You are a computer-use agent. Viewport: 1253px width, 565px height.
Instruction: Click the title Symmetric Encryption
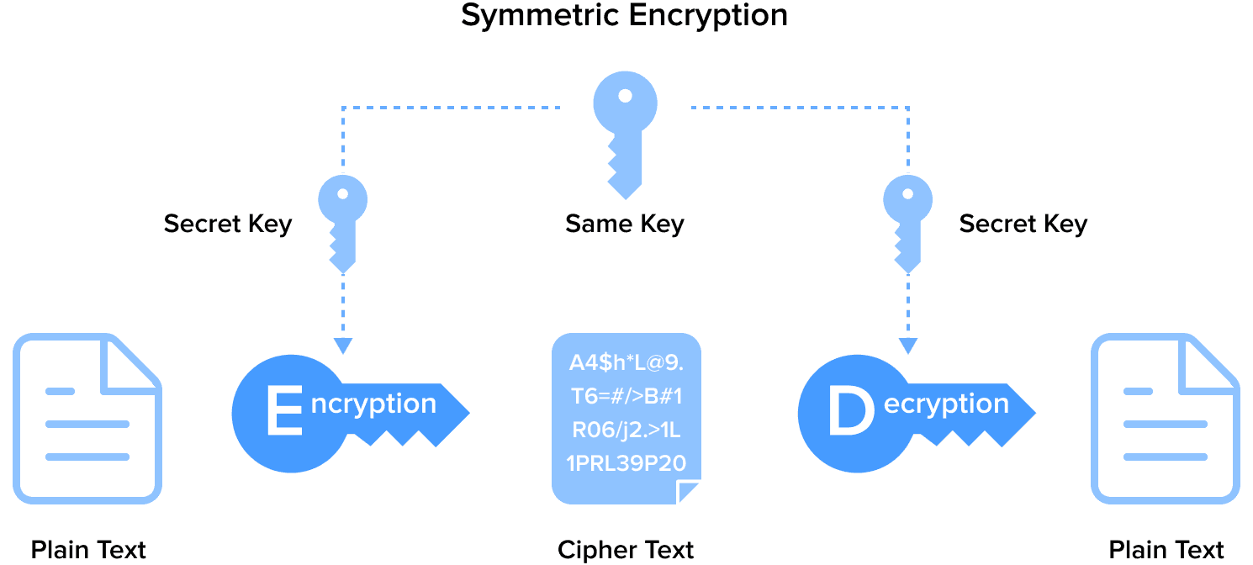(x=624, y=16)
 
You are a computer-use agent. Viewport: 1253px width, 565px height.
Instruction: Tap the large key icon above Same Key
(x=625, y=135)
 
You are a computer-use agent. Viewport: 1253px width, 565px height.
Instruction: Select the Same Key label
(x=624, y=224)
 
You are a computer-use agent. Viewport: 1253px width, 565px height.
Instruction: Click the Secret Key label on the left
(x=227, y=224)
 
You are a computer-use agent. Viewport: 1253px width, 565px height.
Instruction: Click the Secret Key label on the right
(x=1023, y=224)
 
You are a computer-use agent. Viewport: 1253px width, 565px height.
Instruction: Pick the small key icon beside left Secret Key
(x=342, y=224)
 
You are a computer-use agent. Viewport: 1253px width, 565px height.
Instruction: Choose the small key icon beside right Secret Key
(x=907, y=224)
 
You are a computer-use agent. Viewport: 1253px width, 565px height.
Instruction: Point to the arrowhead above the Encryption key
(x=342, y=346)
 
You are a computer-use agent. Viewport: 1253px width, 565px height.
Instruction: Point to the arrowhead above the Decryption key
(x=907, y=346)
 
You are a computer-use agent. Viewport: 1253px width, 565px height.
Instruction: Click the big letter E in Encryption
(x=283, y=412)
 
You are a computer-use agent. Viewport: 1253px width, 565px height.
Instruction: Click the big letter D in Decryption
(x=850, y=412)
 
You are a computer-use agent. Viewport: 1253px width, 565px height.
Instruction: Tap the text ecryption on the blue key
(x=946, y=404)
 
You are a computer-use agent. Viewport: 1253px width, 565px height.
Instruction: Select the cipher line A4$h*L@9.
(x=626, y=363)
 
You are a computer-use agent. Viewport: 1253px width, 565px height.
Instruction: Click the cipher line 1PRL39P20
(x=626, y=463)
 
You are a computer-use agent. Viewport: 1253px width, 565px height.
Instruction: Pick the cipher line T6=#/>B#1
(x=626, y=397)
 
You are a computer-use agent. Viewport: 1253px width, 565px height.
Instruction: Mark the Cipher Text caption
(x=626, y=550)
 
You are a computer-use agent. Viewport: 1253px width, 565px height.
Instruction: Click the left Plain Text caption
(x=88, y=550)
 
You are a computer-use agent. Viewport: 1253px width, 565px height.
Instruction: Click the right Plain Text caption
(x=1166, y=550)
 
